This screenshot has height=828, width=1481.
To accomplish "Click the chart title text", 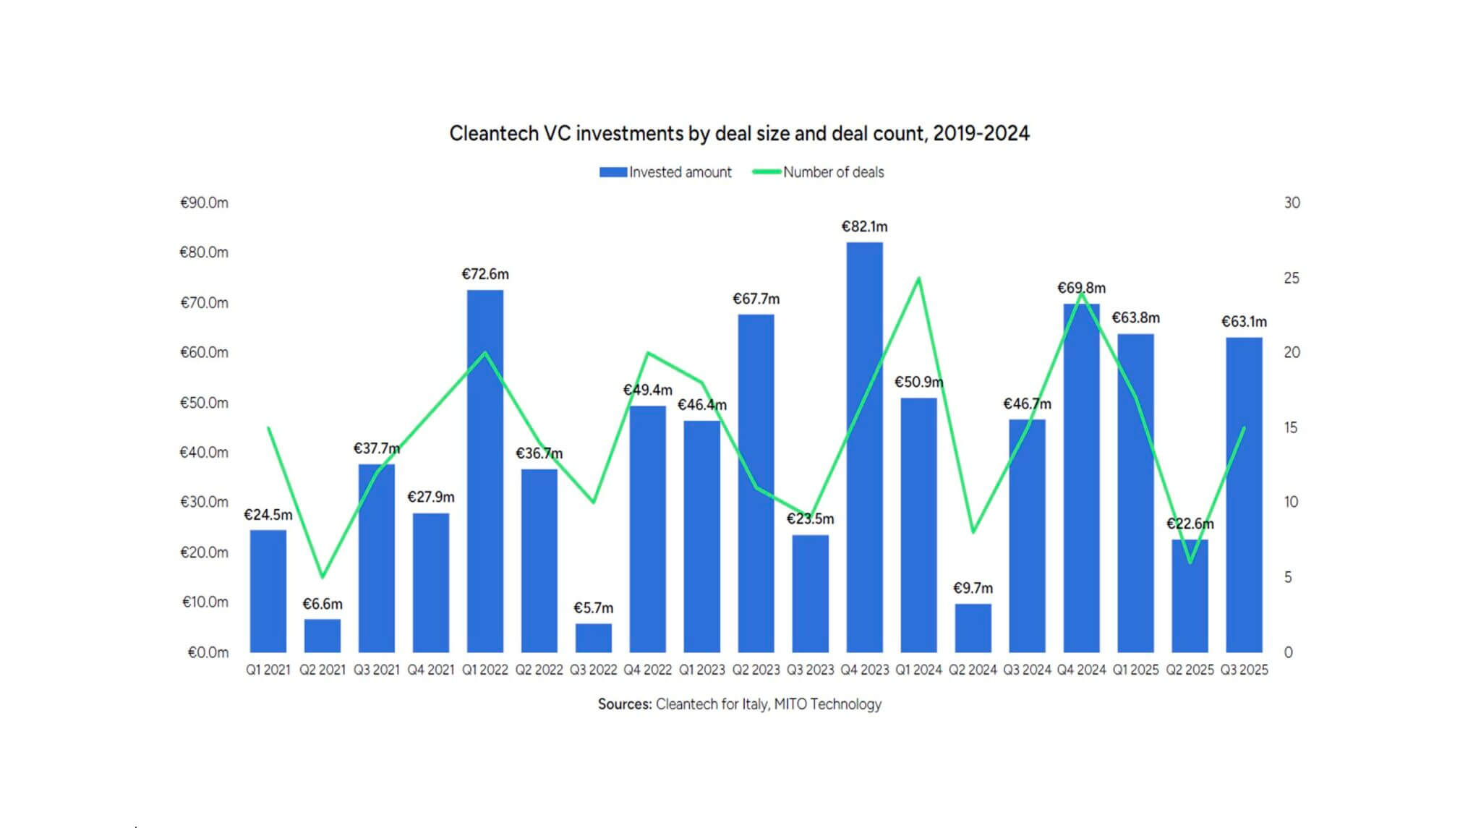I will pyautogui.click(x=739, y=134).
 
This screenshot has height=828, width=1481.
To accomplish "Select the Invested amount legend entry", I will pyautogui.click(x=666, y=172).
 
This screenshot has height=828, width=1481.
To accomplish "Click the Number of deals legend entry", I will pyautogui.click(x=819, y=172).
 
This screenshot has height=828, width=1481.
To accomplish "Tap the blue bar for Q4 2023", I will pyautogui.click(x=864, y=448).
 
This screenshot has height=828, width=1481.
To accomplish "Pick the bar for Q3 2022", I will pyautogui.click(x=593, y=638).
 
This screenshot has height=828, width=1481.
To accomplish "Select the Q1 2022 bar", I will pyautogui.click(x=485, y=470).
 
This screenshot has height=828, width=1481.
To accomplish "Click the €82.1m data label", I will pyautogui.click(x=864, y=226).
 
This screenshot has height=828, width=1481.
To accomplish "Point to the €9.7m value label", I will pyautogui.click(x=973, y=588).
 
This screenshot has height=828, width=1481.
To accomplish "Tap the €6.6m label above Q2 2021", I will pyautogui.click(x=323, y=604).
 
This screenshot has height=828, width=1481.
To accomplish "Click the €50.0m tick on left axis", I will pyautogui.click(x=204, y=403).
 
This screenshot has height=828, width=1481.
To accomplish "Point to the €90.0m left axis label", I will pyautogui.click(x=204, y=203).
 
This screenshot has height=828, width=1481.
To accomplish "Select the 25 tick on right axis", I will pyautogui.click(x=1292, y=278).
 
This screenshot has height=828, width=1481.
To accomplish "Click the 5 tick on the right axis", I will pyautogui.click(x=1288, y=577).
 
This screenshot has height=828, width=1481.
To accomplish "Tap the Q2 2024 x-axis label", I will pyautogui.click(x=973, y=670).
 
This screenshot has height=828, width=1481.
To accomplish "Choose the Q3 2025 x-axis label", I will pyautogui.click(x=1244, y=670).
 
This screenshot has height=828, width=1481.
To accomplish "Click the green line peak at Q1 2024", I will pyautogui.click(x=918, y=278).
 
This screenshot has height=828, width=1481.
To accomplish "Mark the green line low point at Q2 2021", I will pyautogui.click(x=323, y=576).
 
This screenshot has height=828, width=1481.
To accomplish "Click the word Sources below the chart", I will pyautogui.click(x=624, y=704).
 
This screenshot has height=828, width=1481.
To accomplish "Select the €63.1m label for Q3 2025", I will pyautogui.click(x=1244, y=322).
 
